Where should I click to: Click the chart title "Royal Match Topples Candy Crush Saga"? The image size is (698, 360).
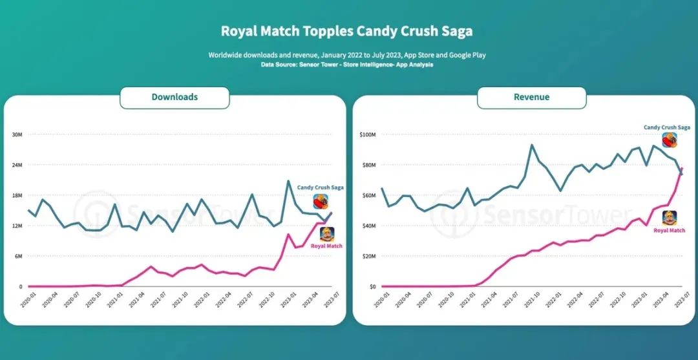pos(347,31)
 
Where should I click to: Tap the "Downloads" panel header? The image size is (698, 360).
pos(174,97)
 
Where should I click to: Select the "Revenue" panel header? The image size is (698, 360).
pos(531,97)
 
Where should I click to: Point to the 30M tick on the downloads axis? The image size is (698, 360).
pos(17,134)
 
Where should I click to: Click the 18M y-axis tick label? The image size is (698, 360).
pos(17,195)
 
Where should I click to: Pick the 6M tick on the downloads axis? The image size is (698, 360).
pos(18,256)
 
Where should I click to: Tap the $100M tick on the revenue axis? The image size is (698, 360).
pos(368,134)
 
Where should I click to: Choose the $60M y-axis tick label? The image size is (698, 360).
pos(369,195)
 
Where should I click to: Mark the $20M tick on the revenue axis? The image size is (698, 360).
pos(369,256)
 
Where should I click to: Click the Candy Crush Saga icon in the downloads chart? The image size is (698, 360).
pos(321,201)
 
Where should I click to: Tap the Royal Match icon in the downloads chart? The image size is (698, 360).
pos(326,234)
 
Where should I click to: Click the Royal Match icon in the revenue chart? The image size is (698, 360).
pos(670,218)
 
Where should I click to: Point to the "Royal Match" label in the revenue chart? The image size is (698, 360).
pos(669,231)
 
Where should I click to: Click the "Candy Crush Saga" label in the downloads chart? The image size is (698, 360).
pos(320,187)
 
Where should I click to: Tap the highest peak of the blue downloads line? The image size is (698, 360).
pos(289,181)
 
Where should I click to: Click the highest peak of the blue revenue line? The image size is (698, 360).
pos(532,145)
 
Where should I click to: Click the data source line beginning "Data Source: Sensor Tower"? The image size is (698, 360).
pos(347,65)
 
